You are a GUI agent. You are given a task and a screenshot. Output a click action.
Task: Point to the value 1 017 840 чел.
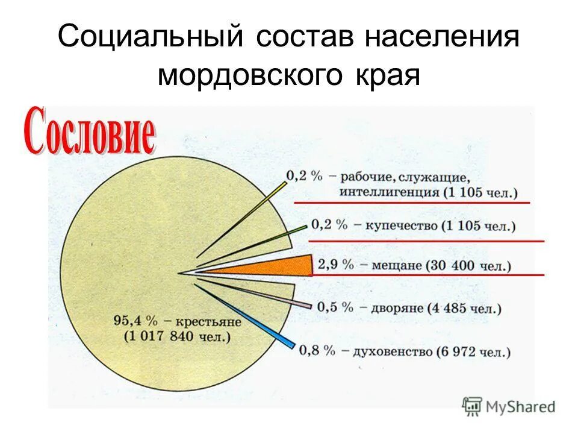[x=178, y=336]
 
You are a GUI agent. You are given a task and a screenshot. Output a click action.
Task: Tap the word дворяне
[x=392, y=308]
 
